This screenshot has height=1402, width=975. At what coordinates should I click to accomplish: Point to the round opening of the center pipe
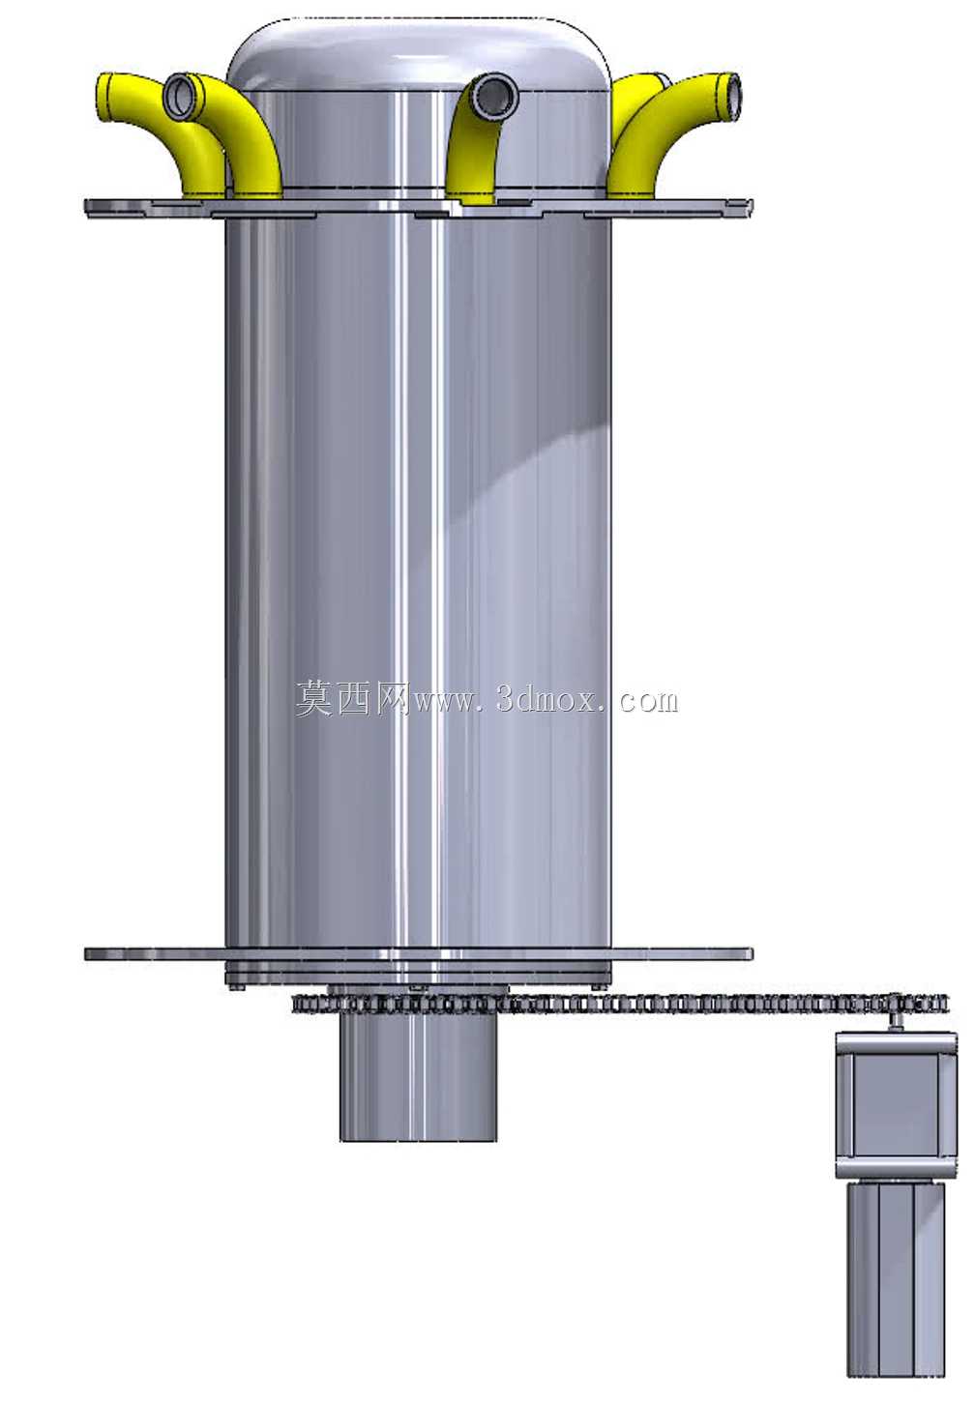[x=495, y=96]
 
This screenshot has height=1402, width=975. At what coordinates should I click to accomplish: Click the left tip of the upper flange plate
[x=86, y=209]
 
